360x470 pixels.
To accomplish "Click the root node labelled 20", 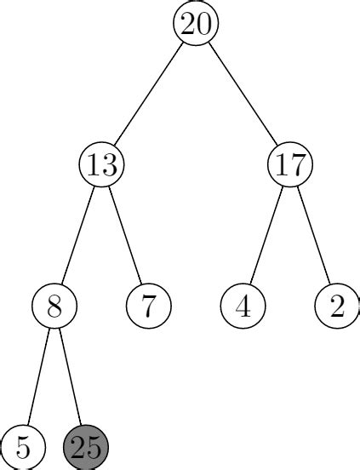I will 196,24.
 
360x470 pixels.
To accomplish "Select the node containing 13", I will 101,164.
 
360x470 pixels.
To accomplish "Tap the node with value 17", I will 290,164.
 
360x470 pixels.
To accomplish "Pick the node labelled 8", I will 54,305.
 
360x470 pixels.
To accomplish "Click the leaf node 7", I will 149,305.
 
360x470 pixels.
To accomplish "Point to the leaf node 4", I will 243,305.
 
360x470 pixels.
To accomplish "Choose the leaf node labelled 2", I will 337,305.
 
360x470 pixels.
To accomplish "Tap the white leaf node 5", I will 23,446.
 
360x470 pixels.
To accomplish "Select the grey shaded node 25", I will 86,446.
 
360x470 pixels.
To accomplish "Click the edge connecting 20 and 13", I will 149,94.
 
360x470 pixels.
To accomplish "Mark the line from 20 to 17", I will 243,94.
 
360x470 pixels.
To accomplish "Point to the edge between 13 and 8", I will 78,234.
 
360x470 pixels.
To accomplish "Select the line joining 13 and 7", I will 125,234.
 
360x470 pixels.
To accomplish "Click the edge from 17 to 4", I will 266,234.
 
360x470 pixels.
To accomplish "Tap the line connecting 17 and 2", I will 313,234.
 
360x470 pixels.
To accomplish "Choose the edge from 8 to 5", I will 39,375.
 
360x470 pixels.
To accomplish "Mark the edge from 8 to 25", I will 70,375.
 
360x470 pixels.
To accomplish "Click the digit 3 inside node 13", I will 110,164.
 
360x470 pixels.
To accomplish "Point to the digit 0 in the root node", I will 204,24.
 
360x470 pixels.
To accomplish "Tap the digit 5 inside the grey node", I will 94,446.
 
